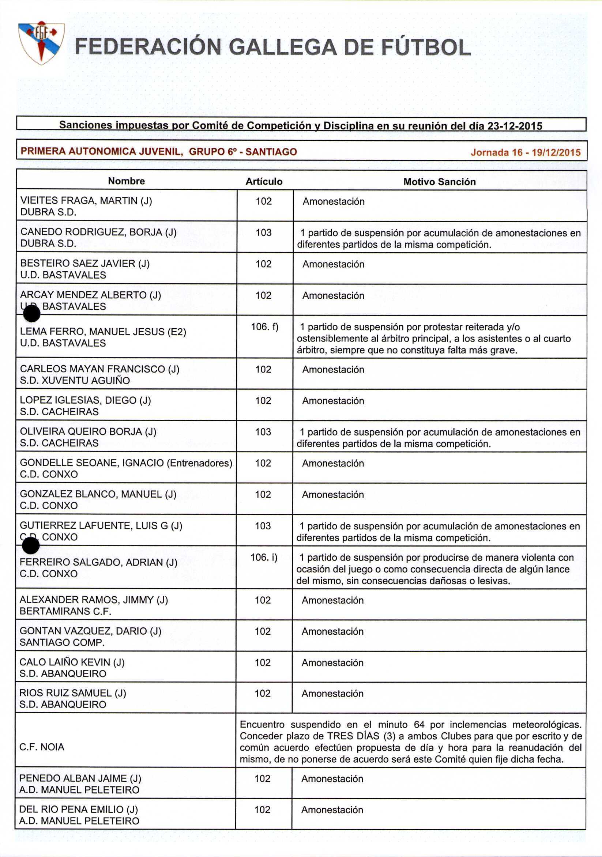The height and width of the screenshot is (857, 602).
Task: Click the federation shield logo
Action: [41, 42]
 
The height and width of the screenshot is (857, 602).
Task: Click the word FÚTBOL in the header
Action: [426, 48]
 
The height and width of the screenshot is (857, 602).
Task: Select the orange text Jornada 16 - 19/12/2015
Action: [526, 152]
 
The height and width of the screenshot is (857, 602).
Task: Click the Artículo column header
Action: [264, 181]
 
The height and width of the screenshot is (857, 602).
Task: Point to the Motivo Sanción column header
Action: [439, 182]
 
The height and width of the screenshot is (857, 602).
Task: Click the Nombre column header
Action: [126, 181]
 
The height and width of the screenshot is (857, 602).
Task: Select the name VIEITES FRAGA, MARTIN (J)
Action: [86, 201]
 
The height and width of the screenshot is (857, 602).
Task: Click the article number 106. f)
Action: [264, 327]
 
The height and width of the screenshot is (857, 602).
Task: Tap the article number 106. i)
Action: [264, 558]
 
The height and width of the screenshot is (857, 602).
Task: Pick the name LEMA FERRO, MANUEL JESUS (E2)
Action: [103, 332]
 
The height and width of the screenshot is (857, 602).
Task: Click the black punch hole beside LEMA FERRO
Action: [32, 314]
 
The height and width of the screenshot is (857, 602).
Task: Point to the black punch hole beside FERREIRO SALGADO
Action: [31, 547]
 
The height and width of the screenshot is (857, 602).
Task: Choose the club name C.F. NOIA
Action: [42, 747]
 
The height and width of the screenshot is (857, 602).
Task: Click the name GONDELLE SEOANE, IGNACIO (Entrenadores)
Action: [126, 463]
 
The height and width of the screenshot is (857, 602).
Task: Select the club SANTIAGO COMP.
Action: [62, 643]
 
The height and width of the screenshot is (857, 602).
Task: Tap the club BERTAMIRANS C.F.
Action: [65, 611]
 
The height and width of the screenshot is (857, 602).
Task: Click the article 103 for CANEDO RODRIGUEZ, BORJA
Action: [263, 233]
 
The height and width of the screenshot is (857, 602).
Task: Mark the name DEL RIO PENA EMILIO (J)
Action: [78, 809]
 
